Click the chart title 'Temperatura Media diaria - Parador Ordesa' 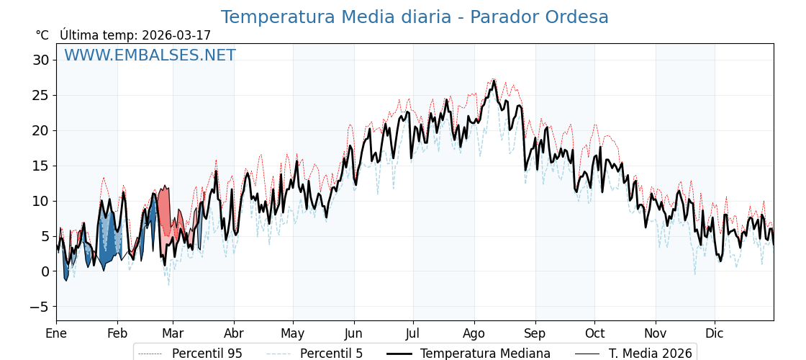[x=415, y=17]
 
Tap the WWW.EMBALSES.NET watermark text [x=150, y=55]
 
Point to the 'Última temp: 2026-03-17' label [x=135, y=35]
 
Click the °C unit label [x=42, y=35]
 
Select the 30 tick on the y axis [x=40, y=60]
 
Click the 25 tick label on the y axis [x=40, y=95]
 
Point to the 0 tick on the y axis [x=45, y=271]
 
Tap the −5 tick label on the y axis [x=39, y=307]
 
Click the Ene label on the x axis [x=56, y=333]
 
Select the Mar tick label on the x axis [x=173, y=333]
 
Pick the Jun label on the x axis [x=353, y=333]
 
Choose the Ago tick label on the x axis [x=474, y=333]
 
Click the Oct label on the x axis [x=594, y=333]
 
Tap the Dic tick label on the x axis [x=715, y=333]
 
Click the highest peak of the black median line [x=494, y=81]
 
